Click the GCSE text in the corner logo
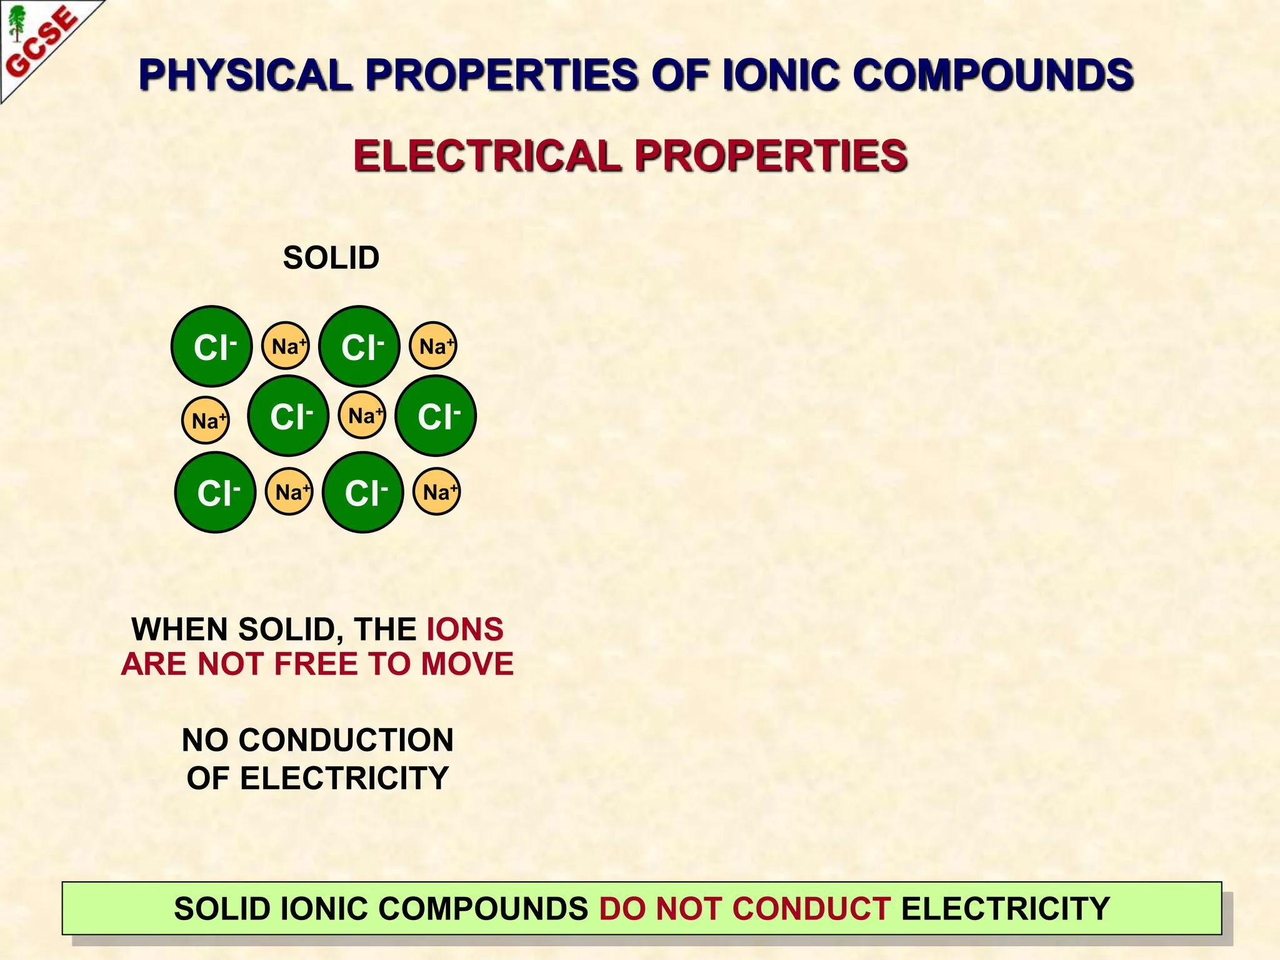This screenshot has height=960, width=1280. pyautogui.click(x=42, y=42)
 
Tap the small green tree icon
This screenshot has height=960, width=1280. pyautogui.click(x=17, y=22)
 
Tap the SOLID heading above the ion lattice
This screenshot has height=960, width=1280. pyautogui.click(x=331, y=257)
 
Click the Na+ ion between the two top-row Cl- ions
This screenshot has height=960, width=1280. pyautogui.click(x=286, y=346)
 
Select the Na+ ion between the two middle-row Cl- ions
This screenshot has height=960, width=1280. pyautogui.click(x=362, y=415)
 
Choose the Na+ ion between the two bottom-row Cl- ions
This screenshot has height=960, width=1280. pyautogui.click(x=289, y=491)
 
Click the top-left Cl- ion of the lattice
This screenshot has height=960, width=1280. pyautogui.click(x=212, y=346)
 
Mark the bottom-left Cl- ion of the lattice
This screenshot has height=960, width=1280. pyautogui.click(x=215, y=492)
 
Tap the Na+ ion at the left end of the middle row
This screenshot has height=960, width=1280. pyautogui.click(x=206, y=420)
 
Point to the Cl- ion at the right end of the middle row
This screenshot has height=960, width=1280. pyautogui.click(x=436, y=416)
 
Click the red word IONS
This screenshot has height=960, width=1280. pyautogui.click(x=465, y=629)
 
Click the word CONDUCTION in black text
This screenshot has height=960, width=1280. pyautogui.click(x=346, y=740)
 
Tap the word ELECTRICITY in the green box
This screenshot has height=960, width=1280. pyautogui.click(x=1005, y=908)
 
